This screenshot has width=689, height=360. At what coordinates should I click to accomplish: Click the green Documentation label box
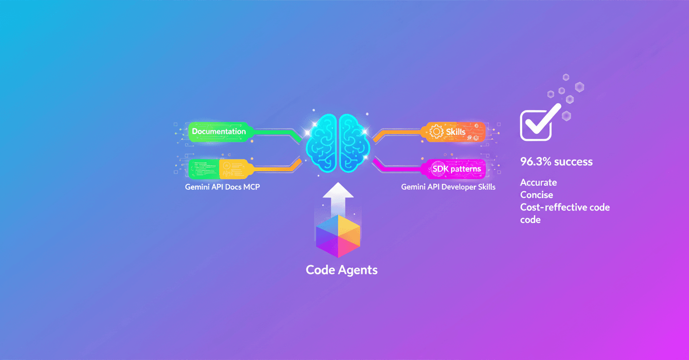point(219,131)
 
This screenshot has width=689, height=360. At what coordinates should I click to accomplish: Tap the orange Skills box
point(455,132)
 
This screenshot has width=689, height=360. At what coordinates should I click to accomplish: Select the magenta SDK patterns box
point(455,169)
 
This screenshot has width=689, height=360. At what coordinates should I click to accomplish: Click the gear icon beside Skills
point(436,132)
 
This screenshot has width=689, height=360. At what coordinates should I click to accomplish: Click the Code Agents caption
point(342,270)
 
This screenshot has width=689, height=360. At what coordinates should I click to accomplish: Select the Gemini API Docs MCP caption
point(222,187)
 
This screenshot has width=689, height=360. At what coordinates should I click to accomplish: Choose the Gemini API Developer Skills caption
point(448,187)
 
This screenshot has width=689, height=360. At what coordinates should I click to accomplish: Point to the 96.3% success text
point(556,161)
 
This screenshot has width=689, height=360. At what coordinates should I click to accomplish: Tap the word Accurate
point(538,182)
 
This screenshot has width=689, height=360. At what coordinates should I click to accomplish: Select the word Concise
point(536,195)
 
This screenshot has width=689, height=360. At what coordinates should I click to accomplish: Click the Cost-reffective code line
point(565,207)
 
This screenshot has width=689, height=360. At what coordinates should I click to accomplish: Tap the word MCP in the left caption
point(251,187)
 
